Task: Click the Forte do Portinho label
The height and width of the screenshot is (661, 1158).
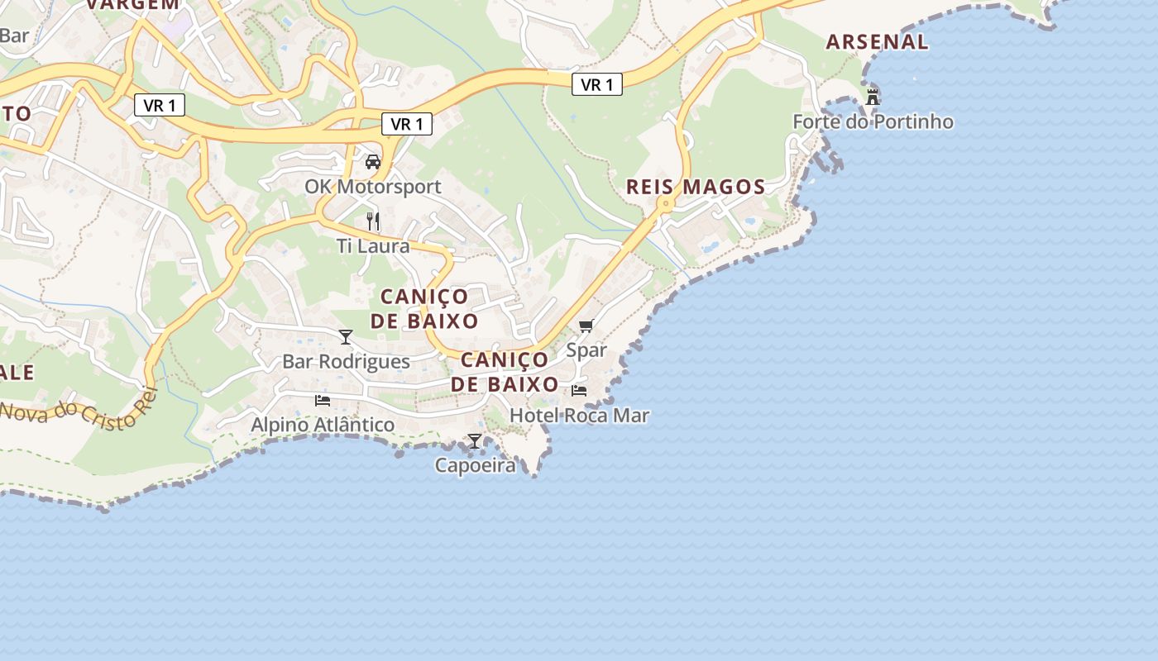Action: coord(873,122)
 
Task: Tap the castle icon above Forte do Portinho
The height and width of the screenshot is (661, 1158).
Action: coord(872,97)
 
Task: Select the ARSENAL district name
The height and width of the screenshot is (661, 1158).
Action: coord(877,42)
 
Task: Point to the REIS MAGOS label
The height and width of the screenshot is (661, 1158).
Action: coord(696,187)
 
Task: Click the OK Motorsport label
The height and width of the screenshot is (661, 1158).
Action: coord(373,187)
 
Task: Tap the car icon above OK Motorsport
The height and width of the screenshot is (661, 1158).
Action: coord(373,161)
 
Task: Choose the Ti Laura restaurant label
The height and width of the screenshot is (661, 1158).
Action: coord(373,246)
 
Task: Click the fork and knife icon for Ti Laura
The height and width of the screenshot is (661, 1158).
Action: coord(373,221)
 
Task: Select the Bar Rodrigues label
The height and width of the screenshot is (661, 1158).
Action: coord(346,362)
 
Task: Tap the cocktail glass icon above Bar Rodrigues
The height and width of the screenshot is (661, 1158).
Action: coord(346,336)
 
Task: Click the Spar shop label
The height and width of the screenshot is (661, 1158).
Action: coord(586,350)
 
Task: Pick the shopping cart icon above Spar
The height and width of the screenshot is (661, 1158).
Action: coord(586,326)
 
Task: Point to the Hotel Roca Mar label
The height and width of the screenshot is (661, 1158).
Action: coord(579,416)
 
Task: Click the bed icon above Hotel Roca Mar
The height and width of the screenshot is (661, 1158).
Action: coord(579,390)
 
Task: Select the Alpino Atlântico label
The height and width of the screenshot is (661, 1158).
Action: coord(323,425)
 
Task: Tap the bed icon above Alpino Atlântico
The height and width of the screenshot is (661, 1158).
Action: coord(323,400)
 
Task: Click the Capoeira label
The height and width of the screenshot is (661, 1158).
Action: coord(475,466)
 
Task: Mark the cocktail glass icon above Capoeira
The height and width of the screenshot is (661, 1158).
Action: coord(475,440)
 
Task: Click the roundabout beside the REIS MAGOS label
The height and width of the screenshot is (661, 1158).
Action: coord(664,203)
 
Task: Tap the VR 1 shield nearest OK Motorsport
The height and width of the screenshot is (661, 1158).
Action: coord(407,125)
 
